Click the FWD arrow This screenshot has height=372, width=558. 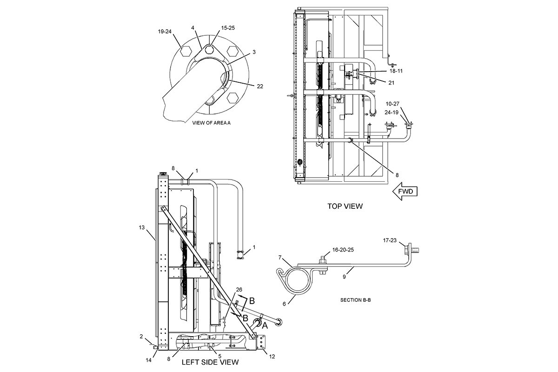(x=405, y=192)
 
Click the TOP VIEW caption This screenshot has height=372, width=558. (x=345, y=206)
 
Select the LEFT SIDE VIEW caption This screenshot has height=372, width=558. (x=210, y=362)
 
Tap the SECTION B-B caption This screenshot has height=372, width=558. (x=355, y=300)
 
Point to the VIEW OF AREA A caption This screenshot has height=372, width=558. (x=211, y=123)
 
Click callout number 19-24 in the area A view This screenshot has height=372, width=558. (x=165, y=32)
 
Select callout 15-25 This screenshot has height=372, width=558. (x=228, y=28)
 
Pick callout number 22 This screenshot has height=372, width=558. (x=260, y=86)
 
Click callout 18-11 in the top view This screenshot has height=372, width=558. (x=396, y=71)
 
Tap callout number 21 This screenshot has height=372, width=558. (x=392, y=83)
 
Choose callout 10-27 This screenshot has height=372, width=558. (x=392, y=104)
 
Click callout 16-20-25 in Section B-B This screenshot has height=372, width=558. (x=343, y=250)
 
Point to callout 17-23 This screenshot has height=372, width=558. (x=390, y=240)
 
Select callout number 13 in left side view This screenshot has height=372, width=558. (x=142, y=227)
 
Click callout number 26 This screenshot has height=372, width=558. (x=239, y=290)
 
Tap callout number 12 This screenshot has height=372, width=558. (x=272, y=357)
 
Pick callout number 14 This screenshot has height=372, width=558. (x=148, y=360)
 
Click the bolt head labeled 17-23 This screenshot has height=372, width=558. (x=407, y=249)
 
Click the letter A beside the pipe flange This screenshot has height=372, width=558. (x=265, y=325)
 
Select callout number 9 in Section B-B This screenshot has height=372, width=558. (x=344, y=277)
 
